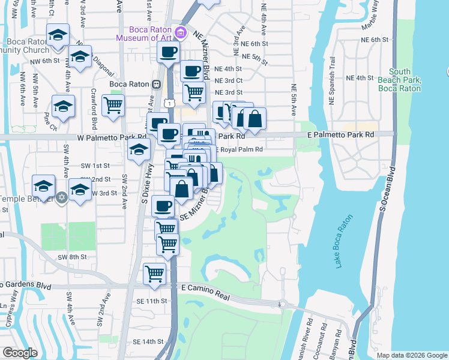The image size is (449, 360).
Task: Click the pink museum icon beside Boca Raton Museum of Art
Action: pos(179,32)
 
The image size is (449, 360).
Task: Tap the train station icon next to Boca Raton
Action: pos(156,84)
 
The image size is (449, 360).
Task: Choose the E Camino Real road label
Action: pos(206,289)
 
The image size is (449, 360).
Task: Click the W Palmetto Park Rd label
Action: pos(95,137)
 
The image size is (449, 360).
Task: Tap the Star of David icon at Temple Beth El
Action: pos(61,198)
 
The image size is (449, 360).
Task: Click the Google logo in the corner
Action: pos(20,353)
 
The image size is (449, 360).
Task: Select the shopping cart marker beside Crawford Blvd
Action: pos(113,106)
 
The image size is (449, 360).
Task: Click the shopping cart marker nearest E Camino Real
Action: pos(155,274)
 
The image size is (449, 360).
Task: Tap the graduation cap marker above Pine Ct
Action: pos(63,106)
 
